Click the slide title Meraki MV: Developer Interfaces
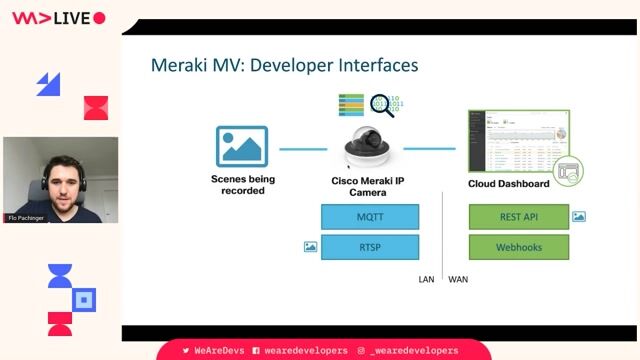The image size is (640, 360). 284,66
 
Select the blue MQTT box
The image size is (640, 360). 369,217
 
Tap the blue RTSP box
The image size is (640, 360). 369,247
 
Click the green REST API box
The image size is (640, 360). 519,217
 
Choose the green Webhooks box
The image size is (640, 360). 519,247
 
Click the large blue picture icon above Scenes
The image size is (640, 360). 242,147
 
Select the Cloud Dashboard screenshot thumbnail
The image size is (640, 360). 517,141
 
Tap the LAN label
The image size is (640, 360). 426,280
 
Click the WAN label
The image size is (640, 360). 458,280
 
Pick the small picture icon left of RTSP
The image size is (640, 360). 310,247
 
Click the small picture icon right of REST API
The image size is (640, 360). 579,216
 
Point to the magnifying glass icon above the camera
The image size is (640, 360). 381,103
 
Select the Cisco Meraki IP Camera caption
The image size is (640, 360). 367,187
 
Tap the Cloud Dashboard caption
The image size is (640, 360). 508,184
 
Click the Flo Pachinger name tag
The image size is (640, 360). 27,217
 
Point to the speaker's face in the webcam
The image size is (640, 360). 57,175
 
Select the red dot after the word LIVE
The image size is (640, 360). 98,18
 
